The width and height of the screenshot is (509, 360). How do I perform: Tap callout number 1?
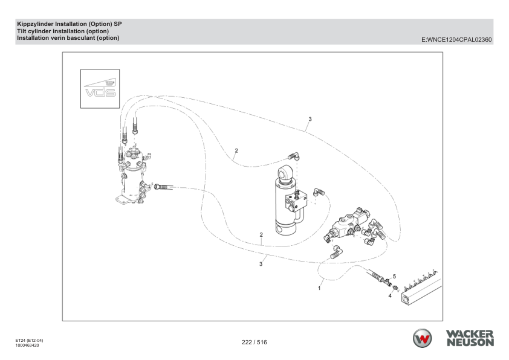pos(319,288)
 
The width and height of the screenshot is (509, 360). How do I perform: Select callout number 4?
pos(390,297)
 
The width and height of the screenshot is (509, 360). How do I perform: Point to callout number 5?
pos(394,276)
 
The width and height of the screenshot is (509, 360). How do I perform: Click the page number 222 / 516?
pos(254,342)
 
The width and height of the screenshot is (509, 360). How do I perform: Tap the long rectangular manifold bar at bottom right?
pos(423,288)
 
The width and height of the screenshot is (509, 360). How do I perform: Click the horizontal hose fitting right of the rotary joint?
pos(164,187)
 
